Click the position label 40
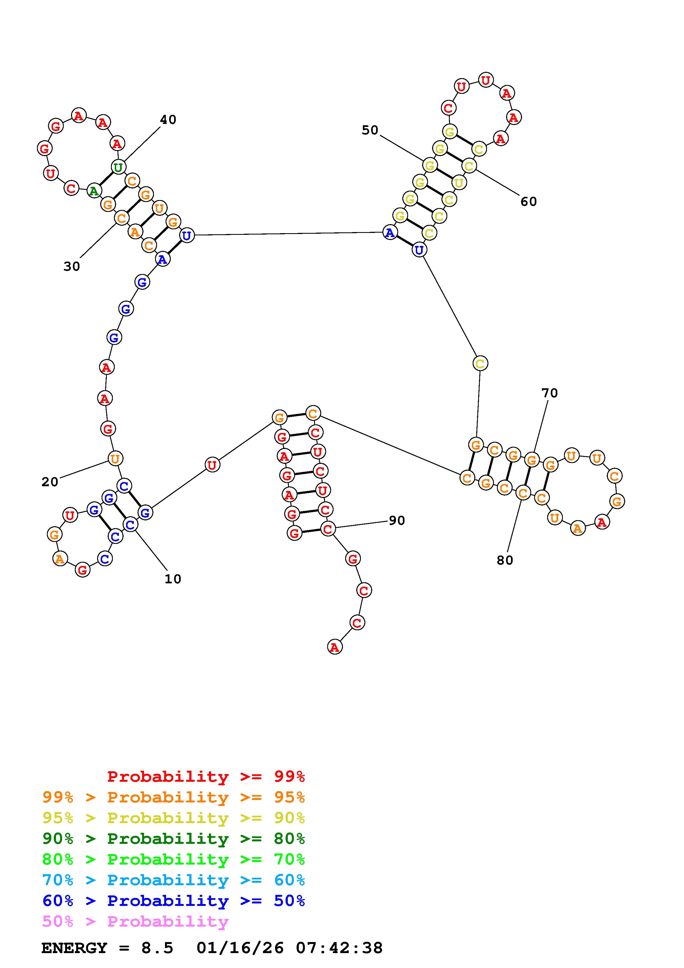point(168,120)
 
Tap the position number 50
point(370,130)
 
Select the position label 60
point(528,201)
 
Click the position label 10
point(172,579)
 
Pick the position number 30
point(72,267)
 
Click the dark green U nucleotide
point(118,167)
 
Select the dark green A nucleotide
point(94,191)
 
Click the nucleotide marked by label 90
point(328,529)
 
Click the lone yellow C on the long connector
point(480,363)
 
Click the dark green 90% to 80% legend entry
point(174,839)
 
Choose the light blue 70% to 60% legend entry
point(174,880)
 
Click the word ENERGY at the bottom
point(74,948)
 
